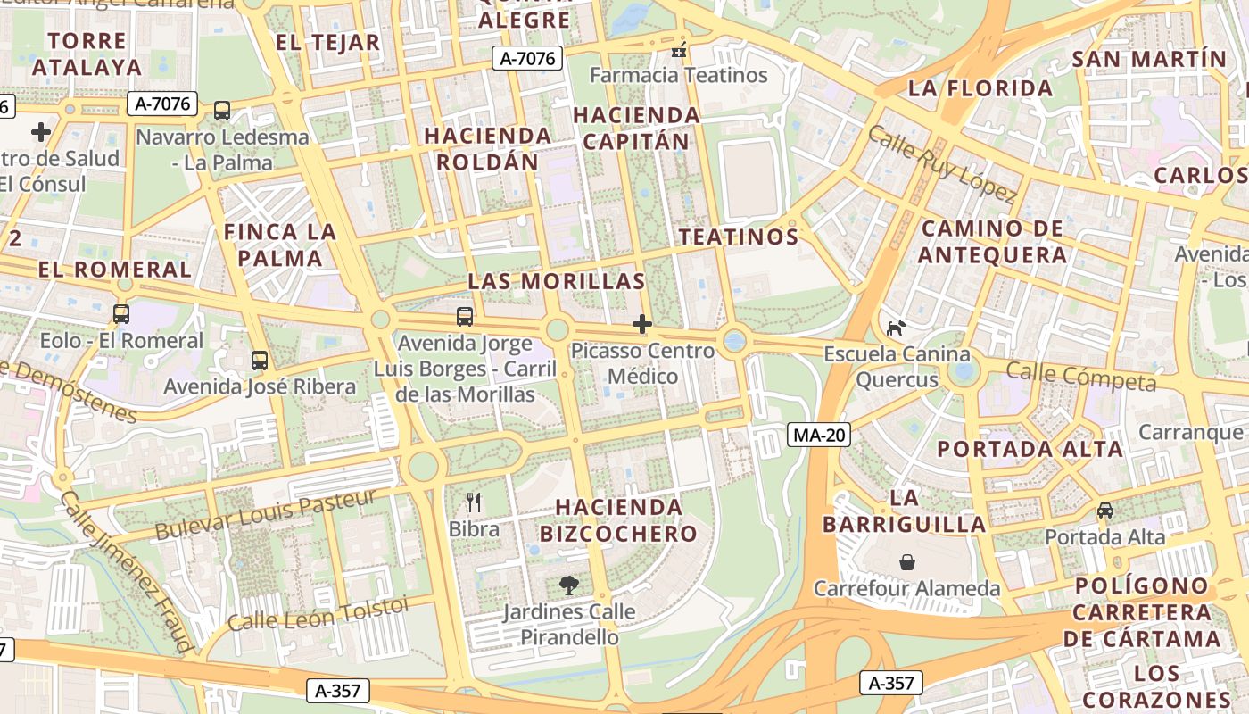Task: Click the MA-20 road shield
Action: (819, 435)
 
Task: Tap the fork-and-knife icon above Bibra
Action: (474, 502)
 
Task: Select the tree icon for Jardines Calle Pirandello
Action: (568, 585)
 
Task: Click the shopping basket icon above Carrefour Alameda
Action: (906, 562)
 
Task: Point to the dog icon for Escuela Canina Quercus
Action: (896, 328)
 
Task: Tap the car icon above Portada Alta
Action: (1105, 511)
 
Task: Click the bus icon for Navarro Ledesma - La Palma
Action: (222, 111)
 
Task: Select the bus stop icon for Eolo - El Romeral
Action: (121, 314)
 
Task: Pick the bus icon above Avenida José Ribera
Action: (260, 361)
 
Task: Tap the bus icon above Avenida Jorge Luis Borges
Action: (464, 316)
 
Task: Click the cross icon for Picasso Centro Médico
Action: (642, 324)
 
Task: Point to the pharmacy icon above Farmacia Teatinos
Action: (680, 49)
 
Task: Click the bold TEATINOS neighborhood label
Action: (738, 237)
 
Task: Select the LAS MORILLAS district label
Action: (556, 281)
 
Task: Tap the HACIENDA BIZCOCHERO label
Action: (618, 520)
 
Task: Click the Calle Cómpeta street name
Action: (1080, 377)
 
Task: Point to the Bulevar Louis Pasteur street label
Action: (265, 515)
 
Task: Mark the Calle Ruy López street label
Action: (941, 164)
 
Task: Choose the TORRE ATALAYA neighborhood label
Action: (87, 54)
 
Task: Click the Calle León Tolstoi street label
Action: (317, 614)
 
